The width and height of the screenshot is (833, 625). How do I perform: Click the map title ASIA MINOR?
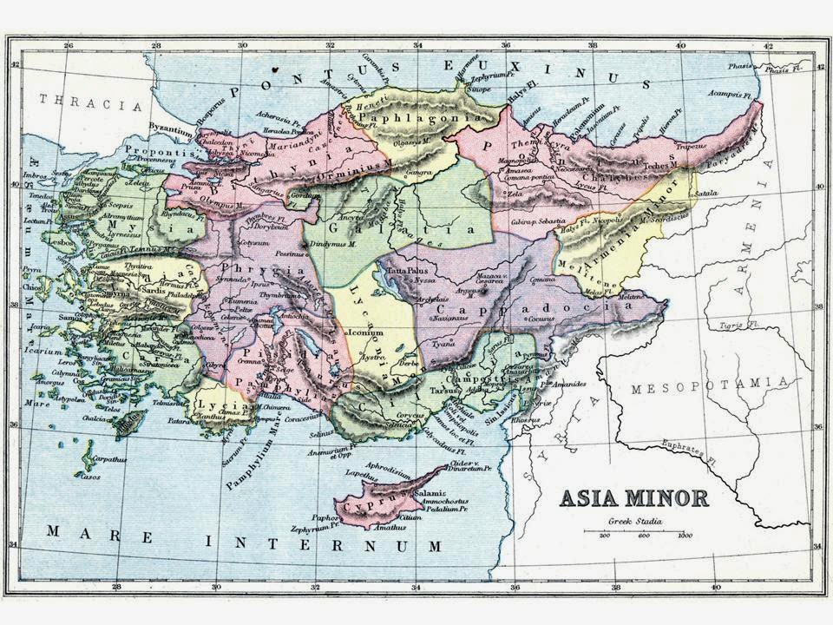[633, 498]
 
